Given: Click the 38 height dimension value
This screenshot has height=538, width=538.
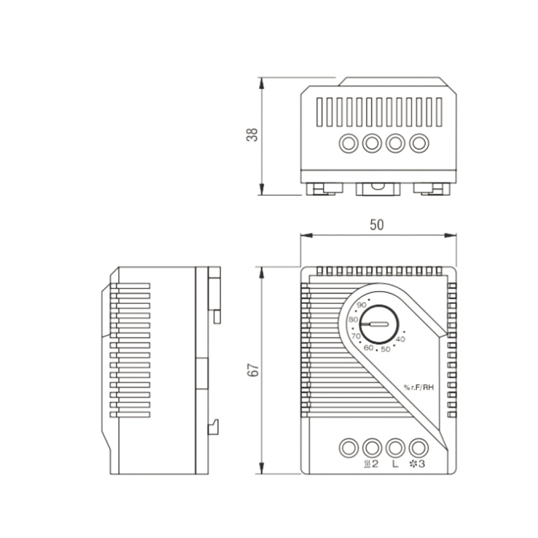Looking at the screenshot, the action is tap(252, 134).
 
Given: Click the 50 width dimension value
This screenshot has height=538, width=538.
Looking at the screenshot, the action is tap(377, 225).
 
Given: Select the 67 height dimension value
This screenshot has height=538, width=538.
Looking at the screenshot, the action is tap(253, 370).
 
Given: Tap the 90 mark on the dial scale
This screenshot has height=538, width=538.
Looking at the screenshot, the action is tap(361, 305).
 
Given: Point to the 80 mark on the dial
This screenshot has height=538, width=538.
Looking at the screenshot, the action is tap(354, 319).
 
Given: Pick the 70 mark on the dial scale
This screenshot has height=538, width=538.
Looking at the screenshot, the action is tap(356, 336).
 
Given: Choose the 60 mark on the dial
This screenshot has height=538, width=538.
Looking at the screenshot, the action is tap(368, 348).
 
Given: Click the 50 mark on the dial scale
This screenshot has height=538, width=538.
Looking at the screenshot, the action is tap(385, 349).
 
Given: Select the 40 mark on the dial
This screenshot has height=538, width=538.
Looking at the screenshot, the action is tap(400, 340).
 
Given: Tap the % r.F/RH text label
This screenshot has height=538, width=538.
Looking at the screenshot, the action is tap(418, 387).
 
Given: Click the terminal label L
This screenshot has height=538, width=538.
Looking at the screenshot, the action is tap(395, 464).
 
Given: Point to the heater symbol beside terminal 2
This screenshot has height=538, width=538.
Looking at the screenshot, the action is tap(367, 464).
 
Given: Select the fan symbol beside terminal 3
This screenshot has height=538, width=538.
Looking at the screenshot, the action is tap(413, 464).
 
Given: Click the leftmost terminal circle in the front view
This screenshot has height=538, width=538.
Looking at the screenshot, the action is tap(348, 448).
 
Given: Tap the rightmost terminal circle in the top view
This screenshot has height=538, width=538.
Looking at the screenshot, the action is tap(419, 143).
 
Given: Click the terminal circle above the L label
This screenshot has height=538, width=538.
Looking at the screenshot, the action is tap(395, 448).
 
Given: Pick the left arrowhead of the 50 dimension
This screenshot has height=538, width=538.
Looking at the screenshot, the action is tap(307, 235).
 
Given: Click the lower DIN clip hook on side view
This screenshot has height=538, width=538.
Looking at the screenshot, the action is tap(214, 427).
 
